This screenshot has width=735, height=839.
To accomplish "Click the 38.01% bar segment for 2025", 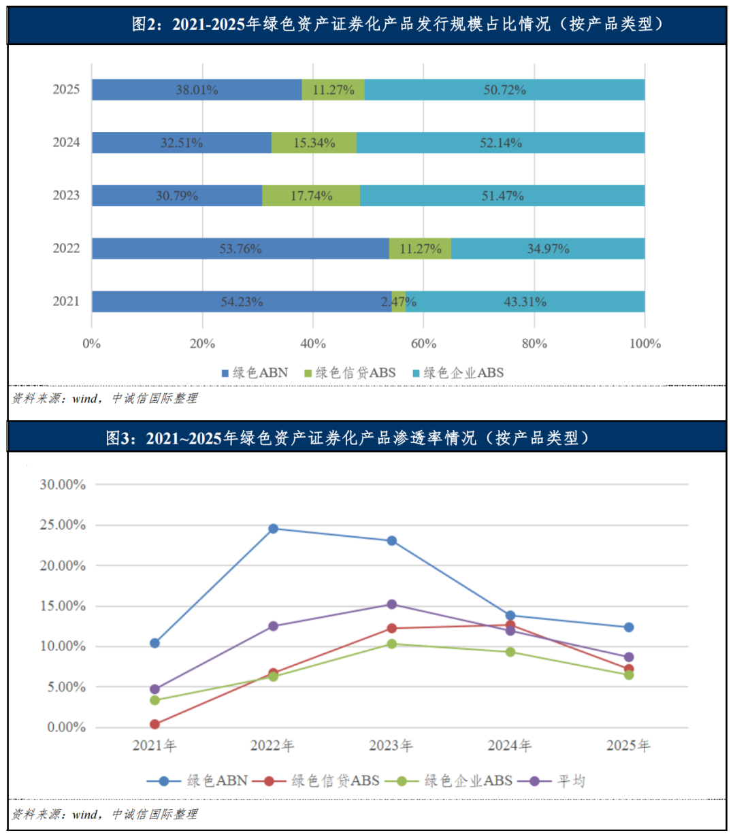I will click(x=197, y=90).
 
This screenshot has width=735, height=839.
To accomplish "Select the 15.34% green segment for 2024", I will click(x=314, y=143).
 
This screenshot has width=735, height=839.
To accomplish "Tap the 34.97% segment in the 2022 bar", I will click(x=548, y=249).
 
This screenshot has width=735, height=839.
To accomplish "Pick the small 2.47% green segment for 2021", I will click(x=399, y=301).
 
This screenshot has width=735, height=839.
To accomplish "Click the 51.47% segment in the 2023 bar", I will click(x=502, y=196).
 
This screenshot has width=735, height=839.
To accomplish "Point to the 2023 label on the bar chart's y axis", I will click(x=66, y=196).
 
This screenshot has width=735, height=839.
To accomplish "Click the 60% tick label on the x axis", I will click(x=423, y=344).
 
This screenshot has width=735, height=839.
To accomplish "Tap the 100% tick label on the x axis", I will click(x=644, y=344).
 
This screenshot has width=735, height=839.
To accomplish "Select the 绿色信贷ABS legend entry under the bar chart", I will click(x=350, y=373).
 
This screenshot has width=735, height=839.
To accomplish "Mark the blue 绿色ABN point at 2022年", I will click(x=274, y=529).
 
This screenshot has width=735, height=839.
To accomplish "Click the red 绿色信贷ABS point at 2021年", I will click(x=154, y=725).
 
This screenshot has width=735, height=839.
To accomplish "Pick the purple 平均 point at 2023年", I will click(x=392, y=604).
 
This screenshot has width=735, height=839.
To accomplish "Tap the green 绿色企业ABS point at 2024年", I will click(x=510, y=652).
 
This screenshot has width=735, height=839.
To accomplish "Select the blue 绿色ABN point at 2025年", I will click(x=629, y=627).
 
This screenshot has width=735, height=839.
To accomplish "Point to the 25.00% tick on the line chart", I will click(x=63, y=525).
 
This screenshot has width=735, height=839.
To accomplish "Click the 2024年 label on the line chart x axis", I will click(x=510, y=746).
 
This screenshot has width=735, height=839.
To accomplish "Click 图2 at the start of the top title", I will click(x=144, y=24).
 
